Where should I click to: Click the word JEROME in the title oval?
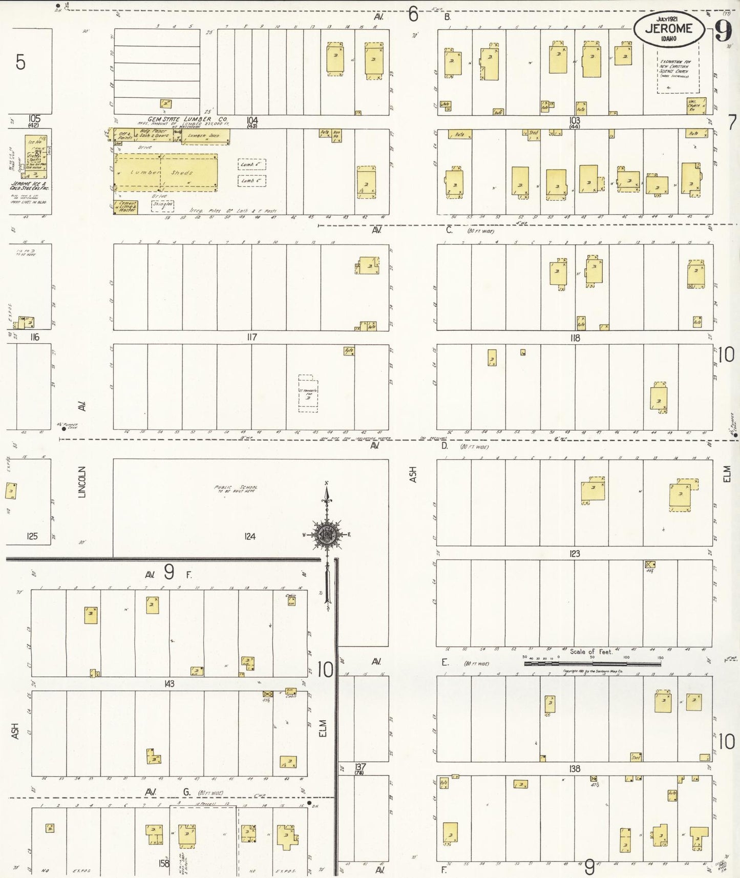click(x=668, y=29)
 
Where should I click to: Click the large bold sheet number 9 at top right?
click(x=723, y=33)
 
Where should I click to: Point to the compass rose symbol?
click(x=327, y=535)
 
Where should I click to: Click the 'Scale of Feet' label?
click(x=591, y=652)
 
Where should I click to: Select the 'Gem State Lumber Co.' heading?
click(x=187, y=119)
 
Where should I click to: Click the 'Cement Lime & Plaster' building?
click(x=125, y=207)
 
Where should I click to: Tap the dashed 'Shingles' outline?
click(x=162, y=206)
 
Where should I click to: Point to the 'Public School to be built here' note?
click(x=236, y=489)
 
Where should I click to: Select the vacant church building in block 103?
click(x=695, y=106)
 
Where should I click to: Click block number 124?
click(x=249, y=536)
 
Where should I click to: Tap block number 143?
click(x=169, y=683)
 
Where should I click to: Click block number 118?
click(x=575, y=338)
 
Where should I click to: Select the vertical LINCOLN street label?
click(x=81, y=482)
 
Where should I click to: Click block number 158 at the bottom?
click(x=164, y=863)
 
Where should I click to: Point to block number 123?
click(x=575, y=554)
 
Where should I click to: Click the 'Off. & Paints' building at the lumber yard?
click(x=124, y=135)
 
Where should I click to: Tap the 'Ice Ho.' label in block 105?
click(x=35, y=141)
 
